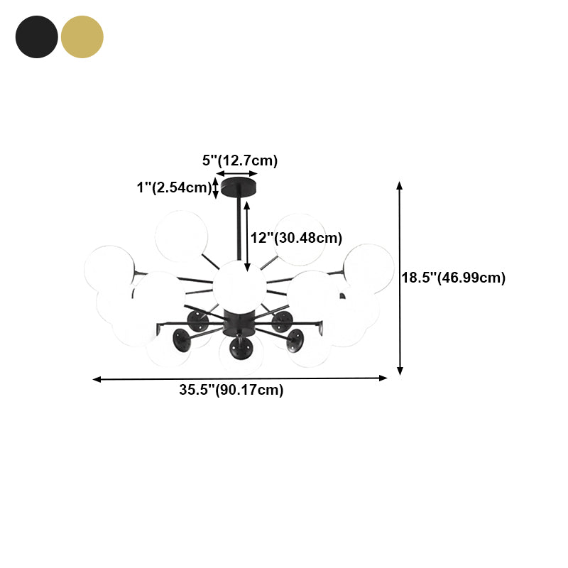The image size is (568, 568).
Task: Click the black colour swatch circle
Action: [x=37, y=37]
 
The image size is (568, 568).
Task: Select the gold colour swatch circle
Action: [x=82, y=37]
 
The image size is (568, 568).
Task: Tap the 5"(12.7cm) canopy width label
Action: [x=240, y=160]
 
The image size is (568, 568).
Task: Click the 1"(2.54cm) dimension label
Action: [x=175, y=188]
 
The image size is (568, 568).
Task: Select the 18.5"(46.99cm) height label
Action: [x=454, y=278]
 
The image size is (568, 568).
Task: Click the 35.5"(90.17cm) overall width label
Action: [x=231, y=390]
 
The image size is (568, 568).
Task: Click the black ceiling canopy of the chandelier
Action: [x=237, y=188]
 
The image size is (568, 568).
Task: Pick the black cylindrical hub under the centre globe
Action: [x=236, y=322]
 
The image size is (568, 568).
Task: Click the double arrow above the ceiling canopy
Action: [x=237, y=173]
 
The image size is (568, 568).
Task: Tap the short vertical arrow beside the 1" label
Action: [x=217, y=188]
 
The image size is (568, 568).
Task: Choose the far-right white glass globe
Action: [x=368, y=268]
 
